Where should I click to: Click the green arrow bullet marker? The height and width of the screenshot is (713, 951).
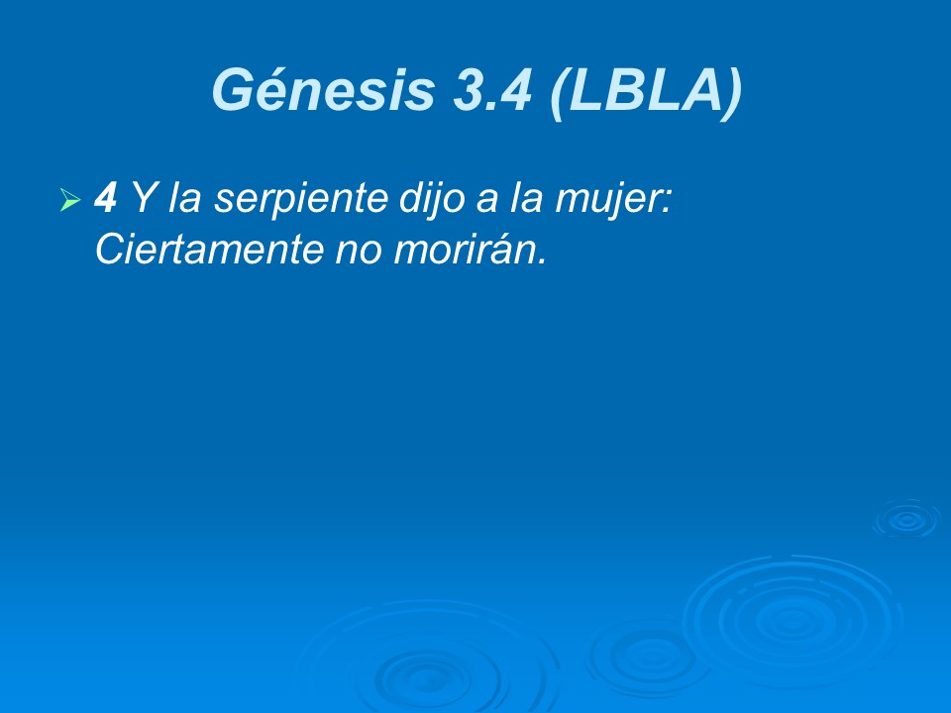tap(69, 201)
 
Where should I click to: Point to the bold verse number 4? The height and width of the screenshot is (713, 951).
tap(105, 200)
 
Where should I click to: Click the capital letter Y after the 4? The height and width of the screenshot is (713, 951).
tap(142, 200)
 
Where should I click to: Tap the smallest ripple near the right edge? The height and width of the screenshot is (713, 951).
tap(905, 519)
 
